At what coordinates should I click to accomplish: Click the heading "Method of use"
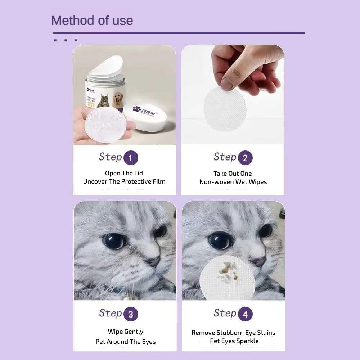92,21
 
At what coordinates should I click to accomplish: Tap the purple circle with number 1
131,158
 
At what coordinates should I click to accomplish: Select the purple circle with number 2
245,158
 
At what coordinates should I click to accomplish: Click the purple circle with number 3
131,314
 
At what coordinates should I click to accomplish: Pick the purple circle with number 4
245,314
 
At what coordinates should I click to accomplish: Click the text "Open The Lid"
124,173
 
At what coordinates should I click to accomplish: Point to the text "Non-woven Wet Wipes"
233,182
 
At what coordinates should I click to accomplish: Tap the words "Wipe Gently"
125,332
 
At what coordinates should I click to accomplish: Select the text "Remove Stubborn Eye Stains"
233,333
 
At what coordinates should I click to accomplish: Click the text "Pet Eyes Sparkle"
234,341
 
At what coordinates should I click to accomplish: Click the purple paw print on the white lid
137,109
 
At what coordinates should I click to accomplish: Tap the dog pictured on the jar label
118,100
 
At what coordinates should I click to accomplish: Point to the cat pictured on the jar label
104,100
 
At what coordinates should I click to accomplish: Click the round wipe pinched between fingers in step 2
225,108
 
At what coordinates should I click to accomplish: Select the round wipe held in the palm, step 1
105,125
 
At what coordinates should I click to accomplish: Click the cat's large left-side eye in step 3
114,241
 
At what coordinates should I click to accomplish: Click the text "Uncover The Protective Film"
124,181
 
